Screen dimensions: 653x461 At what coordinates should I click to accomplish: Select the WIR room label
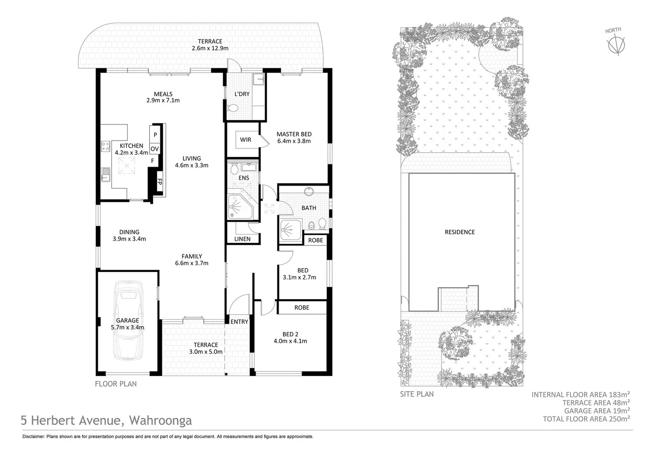click(245, 140)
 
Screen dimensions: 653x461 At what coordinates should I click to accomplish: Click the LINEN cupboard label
click(242, 239)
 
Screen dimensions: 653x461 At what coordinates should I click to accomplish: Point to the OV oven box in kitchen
click(155, 149)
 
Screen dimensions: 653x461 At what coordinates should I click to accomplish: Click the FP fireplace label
click(159, 182)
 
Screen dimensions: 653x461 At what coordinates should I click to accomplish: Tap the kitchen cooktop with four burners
click(106, 146)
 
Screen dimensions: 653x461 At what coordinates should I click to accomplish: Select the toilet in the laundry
click(232, 108)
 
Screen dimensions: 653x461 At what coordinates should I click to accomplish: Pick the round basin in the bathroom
click(309, 192)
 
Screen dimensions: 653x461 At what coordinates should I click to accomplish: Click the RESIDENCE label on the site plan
click(460, 232)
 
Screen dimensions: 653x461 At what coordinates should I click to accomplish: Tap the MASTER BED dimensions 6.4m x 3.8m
click(294, 141)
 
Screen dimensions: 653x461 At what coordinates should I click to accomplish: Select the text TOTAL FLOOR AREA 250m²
click(586, 419)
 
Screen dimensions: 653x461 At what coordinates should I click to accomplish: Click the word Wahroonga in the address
click(160, 420)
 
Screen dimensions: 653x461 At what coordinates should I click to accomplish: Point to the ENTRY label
click(239, 322)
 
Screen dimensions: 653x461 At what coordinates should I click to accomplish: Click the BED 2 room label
click(290, 334)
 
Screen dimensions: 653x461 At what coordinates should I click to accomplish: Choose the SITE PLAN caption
click(417, 394)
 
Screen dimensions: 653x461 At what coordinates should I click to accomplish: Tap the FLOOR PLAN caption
click(116, 384)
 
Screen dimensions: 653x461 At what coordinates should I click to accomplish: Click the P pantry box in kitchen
click(155, 134)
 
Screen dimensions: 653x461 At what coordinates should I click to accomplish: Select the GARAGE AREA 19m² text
click(597, 411)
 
